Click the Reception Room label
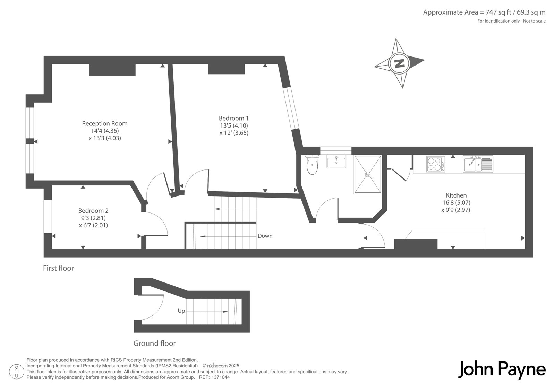click(104, 123)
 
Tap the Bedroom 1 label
click(234, 118)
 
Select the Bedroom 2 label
click(93, 211)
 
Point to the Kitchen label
click(456, 195)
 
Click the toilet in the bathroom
click(312, 164)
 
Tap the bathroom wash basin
click(336, 161)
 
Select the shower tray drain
click(368, 174)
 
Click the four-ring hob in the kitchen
click(436, 164)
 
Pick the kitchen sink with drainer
click(478, 164)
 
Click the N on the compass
click(399, 64)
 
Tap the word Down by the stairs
click(265, 236)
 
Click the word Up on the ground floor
click(181, 311)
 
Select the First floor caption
click(59, 268)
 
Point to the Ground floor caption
click(155, 343)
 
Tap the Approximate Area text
click(484, 12)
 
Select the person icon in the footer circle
click(16, 372)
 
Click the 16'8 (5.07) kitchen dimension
click(456, 203)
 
